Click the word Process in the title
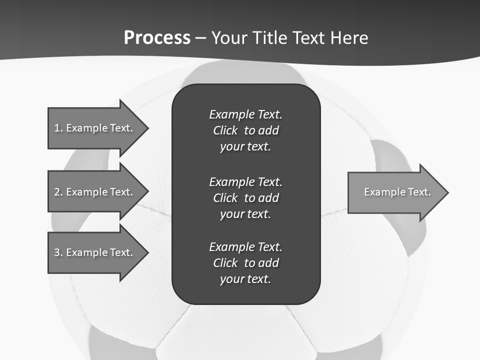point(157,38)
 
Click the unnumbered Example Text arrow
point(397,192)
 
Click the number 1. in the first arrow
point(58,128)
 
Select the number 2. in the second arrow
point(58,192)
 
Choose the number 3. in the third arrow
point(58,252)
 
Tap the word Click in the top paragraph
point(225,130)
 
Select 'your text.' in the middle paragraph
point(245,214)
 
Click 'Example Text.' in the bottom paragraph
point(245,247)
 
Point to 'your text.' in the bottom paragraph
point(245,279)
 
